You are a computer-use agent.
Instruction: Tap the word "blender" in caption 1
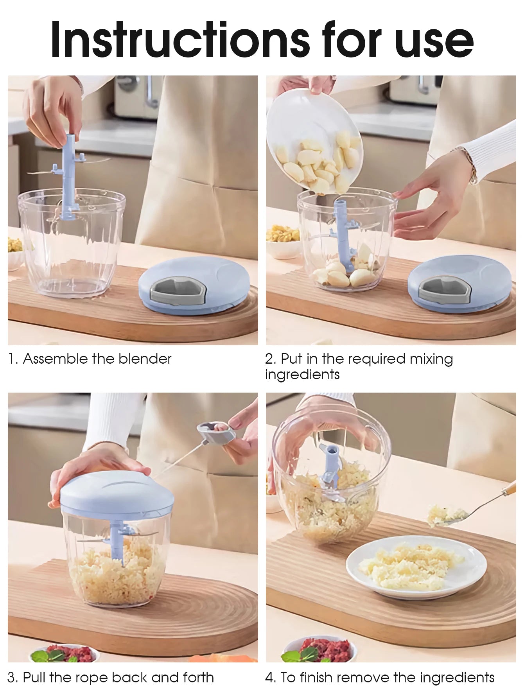[145, 359]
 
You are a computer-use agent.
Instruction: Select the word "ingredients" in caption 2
[302, 375]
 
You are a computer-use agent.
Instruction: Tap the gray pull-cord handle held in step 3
[211, 430]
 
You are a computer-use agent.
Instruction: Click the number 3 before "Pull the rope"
[12, 677]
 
